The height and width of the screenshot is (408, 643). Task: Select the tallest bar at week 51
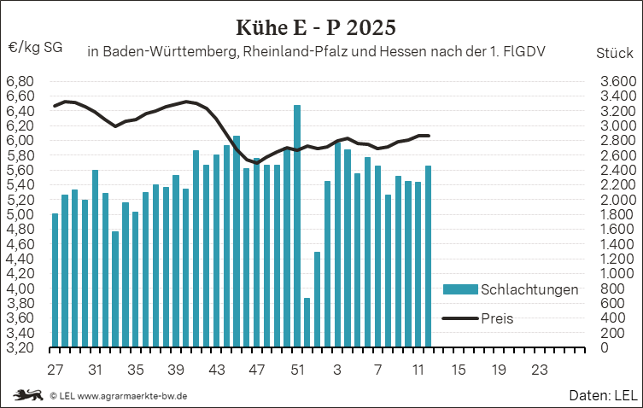(x=297, y=226)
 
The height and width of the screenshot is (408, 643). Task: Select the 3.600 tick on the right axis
(x=615, y=81)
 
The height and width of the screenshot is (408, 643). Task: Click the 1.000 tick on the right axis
(x=615, y=274)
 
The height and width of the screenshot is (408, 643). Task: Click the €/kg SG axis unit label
(x=35, y=48)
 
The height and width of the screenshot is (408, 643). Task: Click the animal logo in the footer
(x=27, y=395)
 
